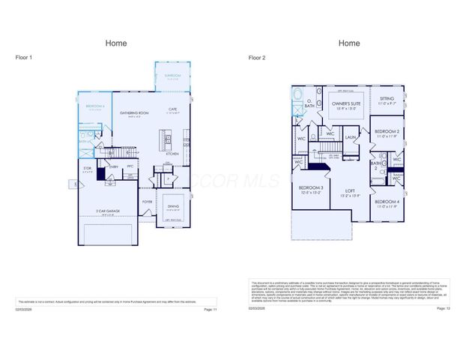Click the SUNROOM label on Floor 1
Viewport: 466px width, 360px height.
(172, 76)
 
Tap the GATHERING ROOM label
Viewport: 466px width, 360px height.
(134, 113)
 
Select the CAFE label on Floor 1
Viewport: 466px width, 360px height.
(172, 109)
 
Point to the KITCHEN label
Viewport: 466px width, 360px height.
(172, 153)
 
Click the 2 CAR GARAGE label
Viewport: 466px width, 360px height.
(109, 211)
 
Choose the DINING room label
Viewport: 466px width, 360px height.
(173, 207)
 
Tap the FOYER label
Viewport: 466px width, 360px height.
(147, 201)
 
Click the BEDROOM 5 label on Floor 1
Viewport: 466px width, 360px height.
(94, 107)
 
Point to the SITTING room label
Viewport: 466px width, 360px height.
(387, 98)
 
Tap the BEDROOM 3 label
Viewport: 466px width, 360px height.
(310, 187)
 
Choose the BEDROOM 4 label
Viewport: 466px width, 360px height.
(387, 202)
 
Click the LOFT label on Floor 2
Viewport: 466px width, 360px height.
(350, 191)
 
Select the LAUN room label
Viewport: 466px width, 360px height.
(351, 137)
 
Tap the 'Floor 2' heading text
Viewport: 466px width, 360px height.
(257, 58)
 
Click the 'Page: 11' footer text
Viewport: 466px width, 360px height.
(210, 309)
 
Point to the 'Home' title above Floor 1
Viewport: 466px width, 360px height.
(116, 43)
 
